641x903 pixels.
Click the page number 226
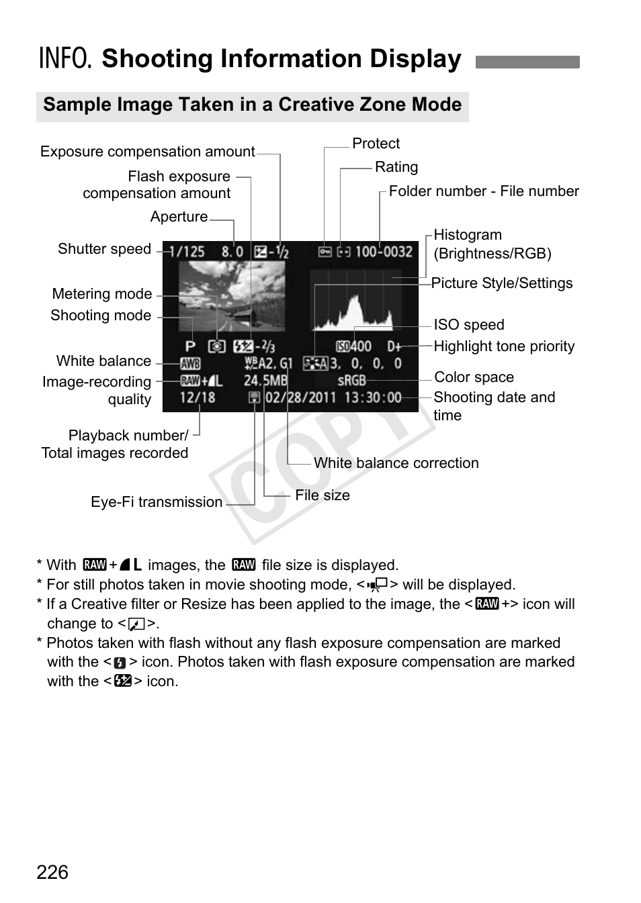pos(52,872)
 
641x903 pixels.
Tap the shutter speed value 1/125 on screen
pos(186,252)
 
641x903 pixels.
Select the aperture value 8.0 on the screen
pos(232,252)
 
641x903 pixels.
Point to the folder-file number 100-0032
pos(383,252)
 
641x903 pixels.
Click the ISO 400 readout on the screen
pos(354,346)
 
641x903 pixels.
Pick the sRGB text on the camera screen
pos(351,381)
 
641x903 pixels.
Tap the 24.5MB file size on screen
pos(265,381)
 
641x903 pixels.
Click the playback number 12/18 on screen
pos(198,397)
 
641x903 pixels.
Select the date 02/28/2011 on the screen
pos(300,397)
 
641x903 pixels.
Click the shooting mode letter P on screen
pos(190,346)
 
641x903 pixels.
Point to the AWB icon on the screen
pos(190,364)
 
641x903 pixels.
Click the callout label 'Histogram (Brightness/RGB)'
pos(492,244)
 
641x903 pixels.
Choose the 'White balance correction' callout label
pos(396,463)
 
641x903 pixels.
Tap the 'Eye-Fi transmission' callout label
pos(157,502)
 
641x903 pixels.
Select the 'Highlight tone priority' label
pos(504,346)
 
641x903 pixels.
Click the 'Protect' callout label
pos(376,144)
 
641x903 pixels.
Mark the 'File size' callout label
pos(323,495)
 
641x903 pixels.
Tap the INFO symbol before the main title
pos(65,59)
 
